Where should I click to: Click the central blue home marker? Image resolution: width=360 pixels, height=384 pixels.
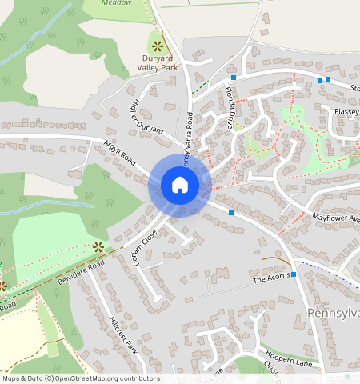click(180, 185)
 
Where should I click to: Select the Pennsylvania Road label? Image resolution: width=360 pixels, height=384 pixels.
click(188, 145)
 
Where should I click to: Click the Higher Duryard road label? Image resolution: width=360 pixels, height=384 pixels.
click(146, 117)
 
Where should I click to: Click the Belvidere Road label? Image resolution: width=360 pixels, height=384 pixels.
click(80, 274)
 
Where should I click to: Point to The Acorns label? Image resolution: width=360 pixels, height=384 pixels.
click(270, 280)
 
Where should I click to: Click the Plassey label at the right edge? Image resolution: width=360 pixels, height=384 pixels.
click(347, 111)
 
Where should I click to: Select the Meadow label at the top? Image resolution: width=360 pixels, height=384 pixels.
click(119, 2)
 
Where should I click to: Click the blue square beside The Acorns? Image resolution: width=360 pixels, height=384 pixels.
click(294, 274)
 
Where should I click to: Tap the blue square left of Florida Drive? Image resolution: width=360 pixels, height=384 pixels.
click(234, 78)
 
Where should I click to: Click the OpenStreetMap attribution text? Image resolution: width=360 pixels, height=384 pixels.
click(80, 378)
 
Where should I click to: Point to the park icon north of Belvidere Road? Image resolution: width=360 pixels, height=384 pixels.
click(98, 246)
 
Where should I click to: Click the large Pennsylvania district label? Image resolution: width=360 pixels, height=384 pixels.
click(334, 312)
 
